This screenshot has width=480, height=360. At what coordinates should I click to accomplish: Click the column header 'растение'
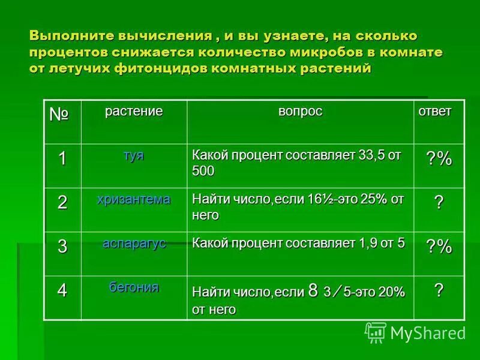133,111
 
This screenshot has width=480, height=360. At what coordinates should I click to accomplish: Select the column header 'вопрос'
300,111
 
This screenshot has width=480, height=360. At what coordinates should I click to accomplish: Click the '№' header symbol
59,115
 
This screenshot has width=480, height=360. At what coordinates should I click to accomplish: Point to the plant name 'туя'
133,154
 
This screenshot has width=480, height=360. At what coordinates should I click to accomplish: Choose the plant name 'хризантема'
133,199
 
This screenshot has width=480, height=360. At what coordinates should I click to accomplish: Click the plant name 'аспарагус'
133,243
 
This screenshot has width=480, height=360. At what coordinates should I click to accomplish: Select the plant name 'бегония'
133,287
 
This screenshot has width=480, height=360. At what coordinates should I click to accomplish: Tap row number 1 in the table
62,158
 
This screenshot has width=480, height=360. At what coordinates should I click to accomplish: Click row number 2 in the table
62,202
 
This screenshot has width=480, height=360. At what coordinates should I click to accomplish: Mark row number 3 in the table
62,247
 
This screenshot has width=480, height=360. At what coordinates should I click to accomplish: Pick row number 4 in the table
62,290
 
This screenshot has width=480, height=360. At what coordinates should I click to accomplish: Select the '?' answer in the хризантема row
439,203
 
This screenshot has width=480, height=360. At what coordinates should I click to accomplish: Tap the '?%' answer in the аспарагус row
439,247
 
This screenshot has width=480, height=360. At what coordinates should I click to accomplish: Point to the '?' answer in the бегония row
439,290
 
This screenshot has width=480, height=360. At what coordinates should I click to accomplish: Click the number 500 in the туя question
203,171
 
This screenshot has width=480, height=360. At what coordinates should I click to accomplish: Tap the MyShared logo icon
376,331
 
